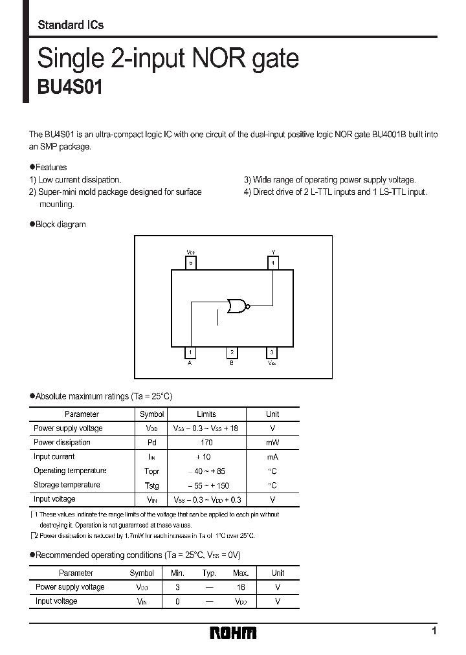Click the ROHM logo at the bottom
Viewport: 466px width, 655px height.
pos(233,632)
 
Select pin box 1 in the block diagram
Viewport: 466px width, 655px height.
pos(190,353)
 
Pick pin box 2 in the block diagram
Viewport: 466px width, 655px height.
pos(232,353)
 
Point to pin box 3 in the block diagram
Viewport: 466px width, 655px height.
pos(272,353)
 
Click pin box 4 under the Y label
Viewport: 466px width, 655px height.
pos(273,263)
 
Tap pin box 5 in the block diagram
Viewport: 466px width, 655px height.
pos(190,263)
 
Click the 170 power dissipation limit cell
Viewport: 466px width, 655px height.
pos(206,443)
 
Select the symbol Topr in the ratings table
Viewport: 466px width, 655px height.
pos(151,471)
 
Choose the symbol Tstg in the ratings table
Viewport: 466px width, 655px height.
pos(151,485)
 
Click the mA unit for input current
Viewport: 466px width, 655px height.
pos(272,457)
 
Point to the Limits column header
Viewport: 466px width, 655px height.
pos(206,414)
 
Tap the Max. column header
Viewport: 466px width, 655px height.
pos(241,573)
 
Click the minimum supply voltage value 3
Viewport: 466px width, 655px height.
pos(177,588)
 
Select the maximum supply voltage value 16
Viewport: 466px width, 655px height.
pos(241,588)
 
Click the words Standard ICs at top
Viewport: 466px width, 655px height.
pos(71,25)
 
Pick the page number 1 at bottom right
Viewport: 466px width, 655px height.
pos(434,631)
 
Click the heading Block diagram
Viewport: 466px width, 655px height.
pos(60,225)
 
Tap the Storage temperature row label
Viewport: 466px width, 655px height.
pos(67,485)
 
